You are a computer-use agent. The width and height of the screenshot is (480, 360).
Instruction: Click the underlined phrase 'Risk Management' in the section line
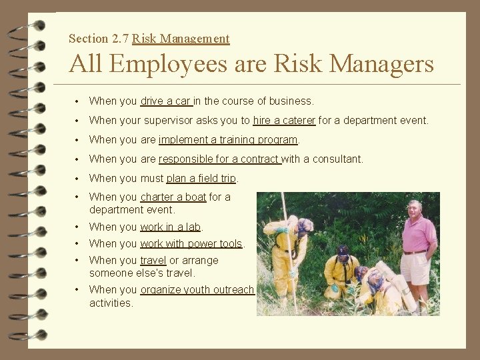181,39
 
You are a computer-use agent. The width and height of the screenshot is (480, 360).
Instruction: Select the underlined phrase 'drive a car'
166,101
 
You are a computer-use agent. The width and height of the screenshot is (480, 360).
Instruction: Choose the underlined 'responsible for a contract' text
219,159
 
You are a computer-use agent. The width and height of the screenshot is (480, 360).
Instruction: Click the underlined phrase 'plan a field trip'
202,179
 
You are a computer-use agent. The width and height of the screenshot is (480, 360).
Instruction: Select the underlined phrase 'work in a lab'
171,227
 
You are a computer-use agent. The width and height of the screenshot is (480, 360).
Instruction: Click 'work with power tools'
191,244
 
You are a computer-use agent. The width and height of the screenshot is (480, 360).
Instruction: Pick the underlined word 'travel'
153,260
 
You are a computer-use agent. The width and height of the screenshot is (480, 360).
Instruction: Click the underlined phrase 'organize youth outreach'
197,290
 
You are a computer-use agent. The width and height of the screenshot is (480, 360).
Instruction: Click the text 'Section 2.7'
99,39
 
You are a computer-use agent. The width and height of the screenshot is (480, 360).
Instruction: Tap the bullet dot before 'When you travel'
79,260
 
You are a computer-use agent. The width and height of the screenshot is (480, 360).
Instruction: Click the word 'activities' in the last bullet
111,303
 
